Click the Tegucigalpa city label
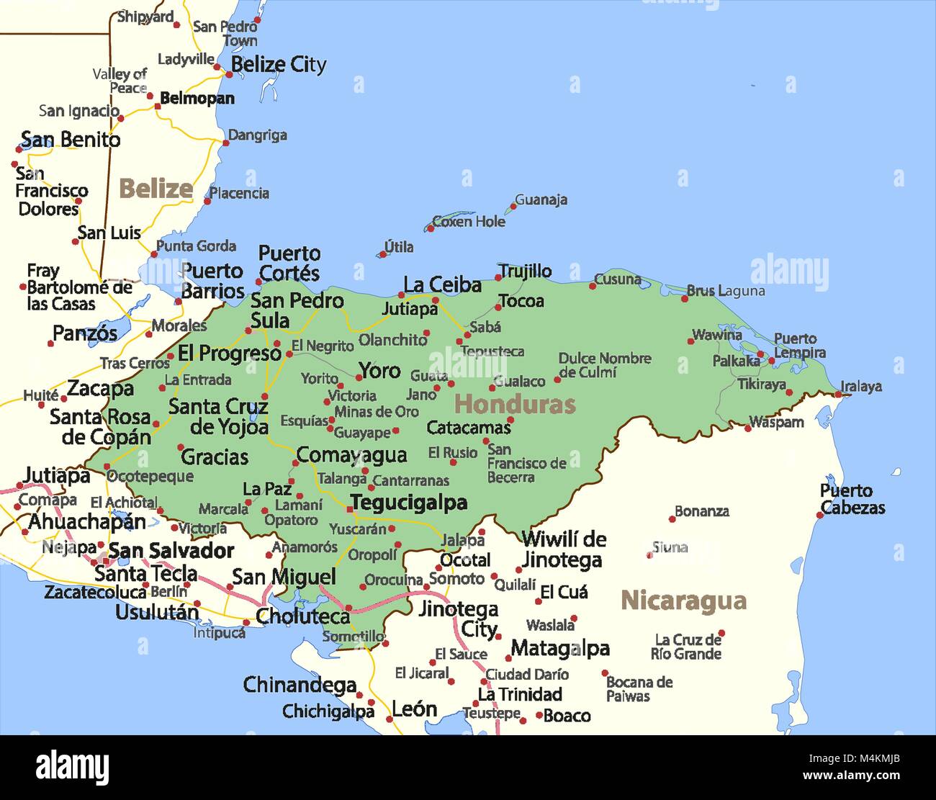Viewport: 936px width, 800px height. [x=408, y=503]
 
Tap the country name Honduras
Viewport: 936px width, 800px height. [x=515, y=404]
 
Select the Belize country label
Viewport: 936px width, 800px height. [x=156, y=189]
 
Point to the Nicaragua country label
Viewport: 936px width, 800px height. [x=683, y=601]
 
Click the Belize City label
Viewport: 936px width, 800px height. [x=278, y=65]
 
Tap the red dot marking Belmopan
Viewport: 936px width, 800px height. [x=157, y=107]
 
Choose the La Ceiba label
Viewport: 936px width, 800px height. [x=442, y=285]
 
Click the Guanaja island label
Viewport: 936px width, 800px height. [x=541, y=200]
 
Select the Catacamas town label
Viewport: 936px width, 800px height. [x=468, y=428]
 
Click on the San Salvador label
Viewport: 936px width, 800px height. [x=171, y=551]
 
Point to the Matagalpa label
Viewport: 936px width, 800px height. [x=560, y=649]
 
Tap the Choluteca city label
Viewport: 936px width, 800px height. [x=302, y=616]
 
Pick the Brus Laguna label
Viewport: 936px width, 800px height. [x=725, y=291]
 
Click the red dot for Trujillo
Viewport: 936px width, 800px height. [x=498, y=277]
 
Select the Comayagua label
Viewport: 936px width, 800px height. [x=351, y=455]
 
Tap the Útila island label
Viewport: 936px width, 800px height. [x=399, y=247]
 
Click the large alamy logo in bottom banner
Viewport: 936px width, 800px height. [x=72, y=767]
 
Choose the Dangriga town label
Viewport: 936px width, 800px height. [x=257, y=135]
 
